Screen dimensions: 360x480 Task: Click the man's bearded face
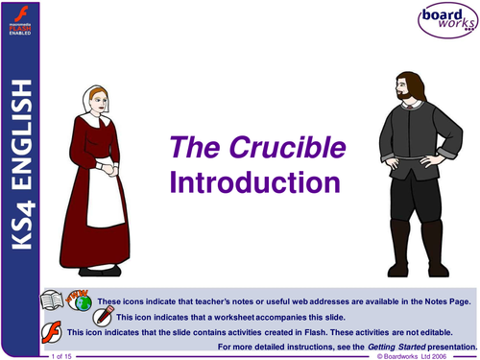[x=401, y=72]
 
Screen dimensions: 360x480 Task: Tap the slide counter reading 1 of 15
[x=59, y=355]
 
